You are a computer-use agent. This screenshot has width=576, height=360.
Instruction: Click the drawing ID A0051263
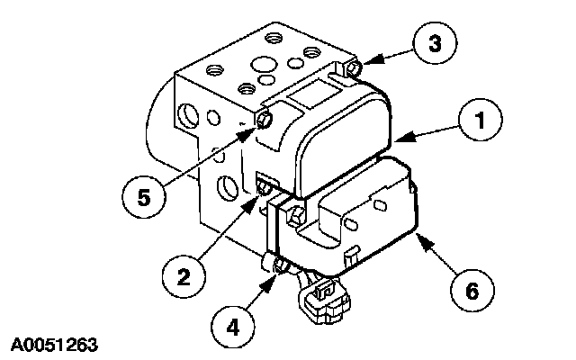coord(55,343)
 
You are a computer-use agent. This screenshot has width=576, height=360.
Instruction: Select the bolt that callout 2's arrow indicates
coord(263,188)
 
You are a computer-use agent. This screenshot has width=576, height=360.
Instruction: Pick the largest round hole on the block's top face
coord(263,65)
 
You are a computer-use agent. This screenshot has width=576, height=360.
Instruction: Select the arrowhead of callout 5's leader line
coord(255,131)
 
